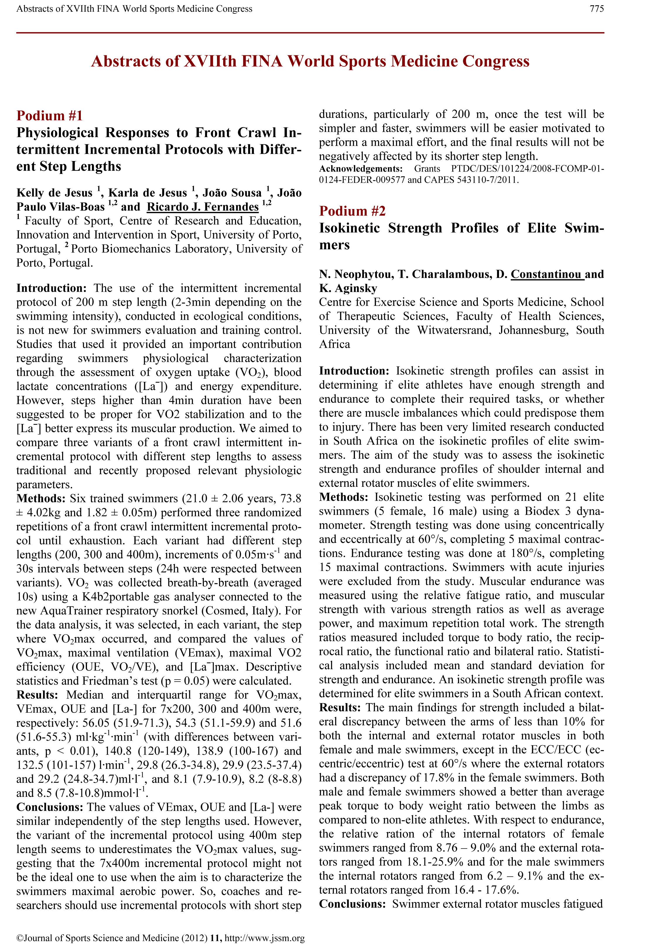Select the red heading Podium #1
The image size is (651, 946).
49,116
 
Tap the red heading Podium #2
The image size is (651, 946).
352,211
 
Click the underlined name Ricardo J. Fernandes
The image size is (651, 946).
203,207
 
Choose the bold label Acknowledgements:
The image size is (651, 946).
360,169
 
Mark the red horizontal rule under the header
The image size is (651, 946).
310,32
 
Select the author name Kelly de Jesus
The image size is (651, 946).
54,193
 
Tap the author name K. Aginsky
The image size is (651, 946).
348,288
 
